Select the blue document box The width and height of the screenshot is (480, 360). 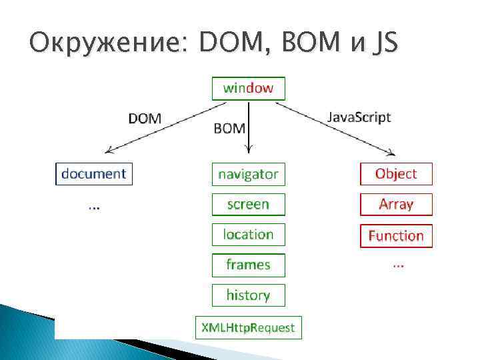[x=93, y=174]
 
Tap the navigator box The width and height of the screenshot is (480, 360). [x=248, y=175]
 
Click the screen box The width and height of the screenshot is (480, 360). [x=248, y=205]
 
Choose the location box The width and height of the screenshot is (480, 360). [x=248, y=235]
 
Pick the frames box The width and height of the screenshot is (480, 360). [x=248, y=265]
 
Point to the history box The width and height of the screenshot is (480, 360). [x=248, y=295]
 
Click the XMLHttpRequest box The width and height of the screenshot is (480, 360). [x=248, y=327]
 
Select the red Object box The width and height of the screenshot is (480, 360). [x=396, y=174]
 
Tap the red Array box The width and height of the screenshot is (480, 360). [x=396, y=205]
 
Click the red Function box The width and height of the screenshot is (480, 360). [x=396, y=236]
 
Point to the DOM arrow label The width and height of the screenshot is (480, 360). [x=145, y=119]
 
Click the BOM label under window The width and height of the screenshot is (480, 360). [x=229, y=127]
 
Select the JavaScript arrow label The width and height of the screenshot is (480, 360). [x=359, y=117]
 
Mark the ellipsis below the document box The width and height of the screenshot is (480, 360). [x=94, y=206]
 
